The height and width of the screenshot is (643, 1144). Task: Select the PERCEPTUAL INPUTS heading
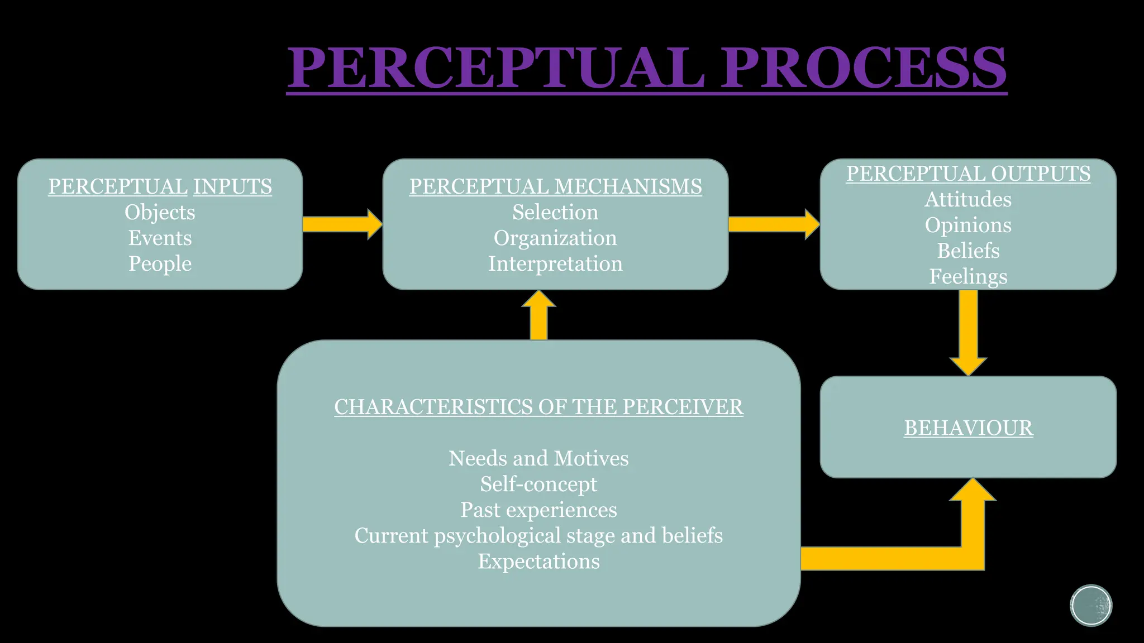[x=160, y=186]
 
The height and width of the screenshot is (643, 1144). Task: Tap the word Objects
[x=160, y=212]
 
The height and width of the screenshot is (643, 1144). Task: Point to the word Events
[x=160, y=238]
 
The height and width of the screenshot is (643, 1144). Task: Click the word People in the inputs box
[x=160, y=263]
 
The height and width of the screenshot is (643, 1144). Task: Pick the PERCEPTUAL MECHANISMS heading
[x=555, y=186]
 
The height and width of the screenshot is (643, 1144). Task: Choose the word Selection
[x=555, y=212]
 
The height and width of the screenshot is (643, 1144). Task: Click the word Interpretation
[x=555, y=263]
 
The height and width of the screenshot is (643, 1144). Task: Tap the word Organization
[x=555, y=238]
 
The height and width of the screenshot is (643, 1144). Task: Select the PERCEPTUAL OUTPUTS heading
[x=968, y=174]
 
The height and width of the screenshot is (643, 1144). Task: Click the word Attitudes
[x=968, y=199]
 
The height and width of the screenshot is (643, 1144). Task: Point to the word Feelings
[x=968, y=276]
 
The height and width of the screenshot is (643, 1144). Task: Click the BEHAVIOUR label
[x=968, y=428]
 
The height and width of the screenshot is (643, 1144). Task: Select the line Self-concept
[x=538, y=484]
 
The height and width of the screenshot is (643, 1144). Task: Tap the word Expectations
[x=538, y=561]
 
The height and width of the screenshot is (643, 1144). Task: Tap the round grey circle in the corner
[x=1091, y=606]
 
